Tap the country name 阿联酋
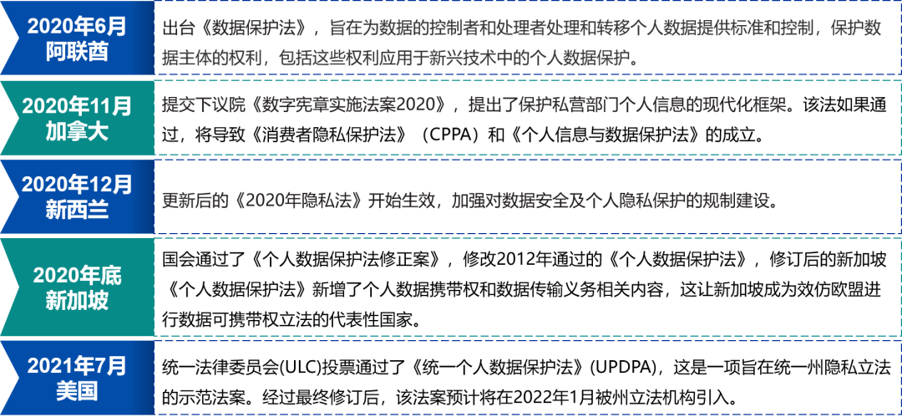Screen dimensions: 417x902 77,51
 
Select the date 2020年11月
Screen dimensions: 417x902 77,106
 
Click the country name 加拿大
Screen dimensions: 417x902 77,130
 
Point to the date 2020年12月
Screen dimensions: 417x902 77,184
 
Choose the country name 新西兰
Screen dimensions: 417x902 77,209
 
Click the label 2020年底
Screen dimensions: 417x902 77,275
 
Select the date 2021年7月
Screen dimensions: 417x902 77,365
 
